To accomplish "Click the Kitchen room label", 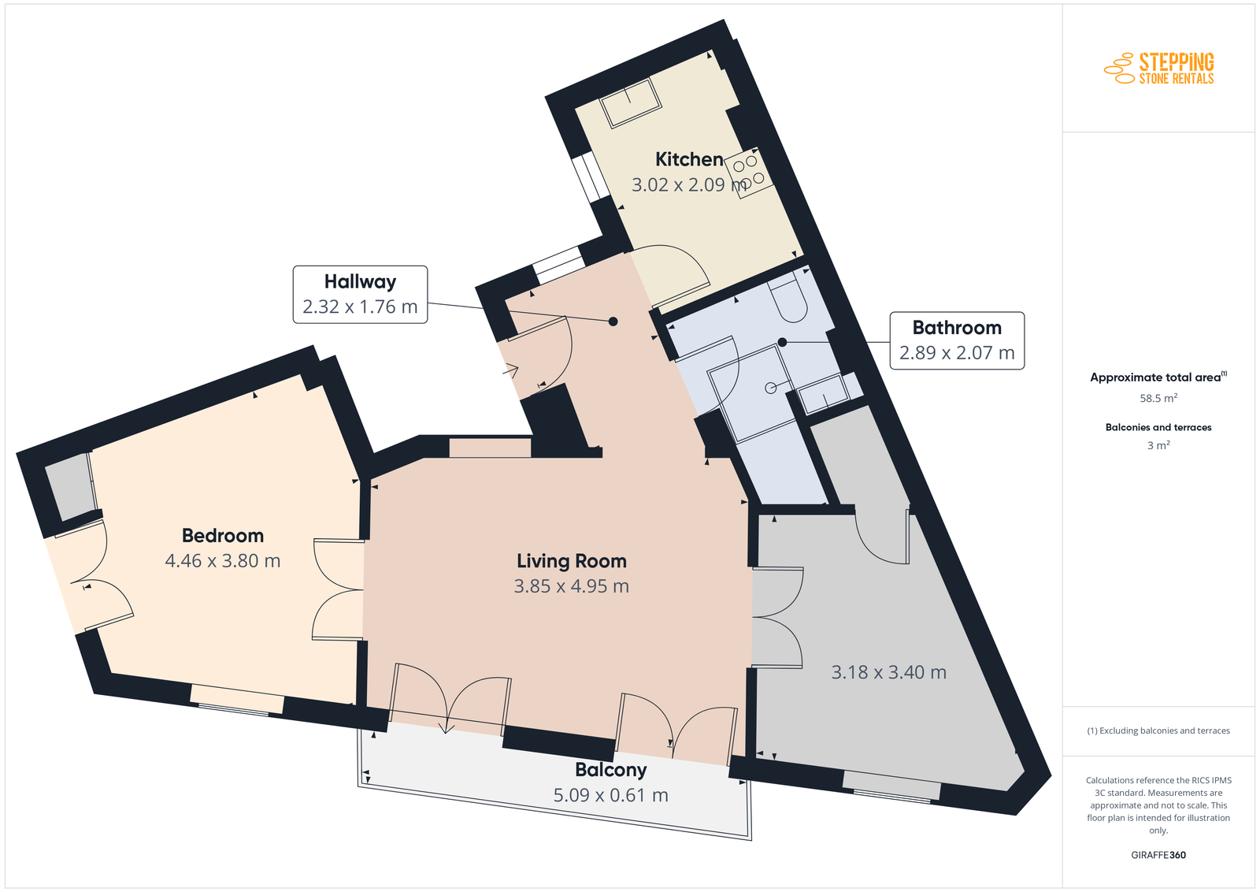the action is coord(689,159).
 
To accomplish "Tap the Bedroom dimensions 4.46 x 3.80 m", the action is coord(223,560).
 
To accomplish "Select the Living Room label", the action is coord(572,561).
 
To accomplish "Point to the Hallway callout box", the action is coord(360,295).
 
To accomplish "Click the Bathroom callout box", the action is coord(957,340).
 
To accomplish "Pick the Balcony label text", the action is coord(611,769).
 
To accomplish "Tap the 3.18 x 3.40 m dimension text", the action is coord(889,672).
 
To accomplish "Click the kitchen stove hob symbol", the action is coord(747,173).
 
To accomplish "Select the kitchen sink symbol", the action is coord(630,102).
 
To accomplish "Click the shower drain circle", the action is coord(771,387).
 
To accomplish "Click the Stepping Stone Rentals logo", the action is coord(1158,68).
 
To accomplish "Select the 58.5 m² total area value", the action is coord(1158,398).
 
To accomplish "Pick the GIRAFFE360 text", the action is coord(1158,855).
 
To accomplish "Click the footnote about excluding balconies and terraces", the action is coord(1158,730).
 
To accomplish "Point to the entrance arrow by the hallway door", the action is coord(510,370).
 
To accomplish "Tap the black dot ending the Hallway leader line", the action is coord(613,321).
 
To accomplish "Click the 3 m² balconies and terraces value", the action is coord(1158,445).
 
